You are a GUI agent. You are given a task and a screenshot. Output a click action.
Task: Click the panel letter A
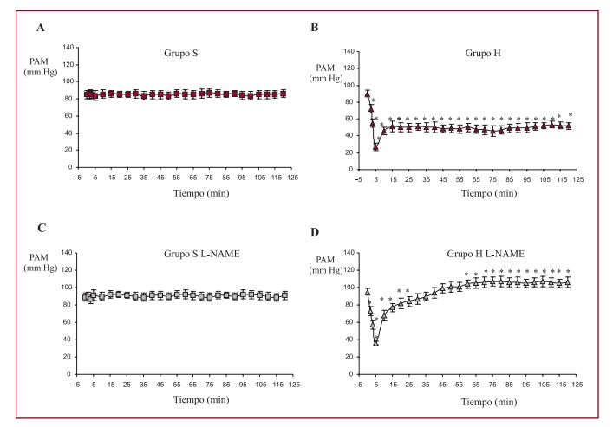(40, 29)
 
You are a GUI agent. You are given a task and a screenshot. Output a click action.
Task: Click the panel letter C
(40, 230)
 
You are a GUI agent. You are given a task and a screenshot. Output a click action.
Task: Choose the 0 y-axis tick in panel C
(71, 372)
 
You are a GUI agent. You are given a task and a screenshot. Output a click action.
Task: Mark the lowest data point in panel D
(376, 341)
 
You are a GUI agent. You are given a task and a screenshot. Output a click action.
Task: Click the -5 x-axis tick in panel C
(78, 382)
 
